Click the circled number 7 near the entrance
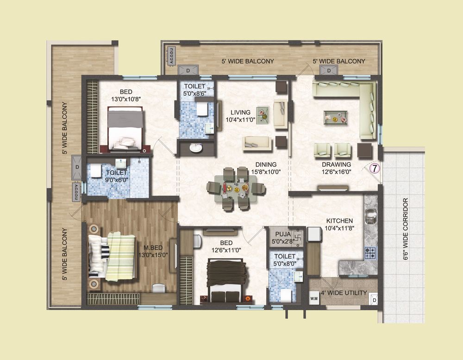click(375, 169)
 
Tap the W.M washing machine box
click(314, 298)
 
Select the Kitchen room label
click(339, 221)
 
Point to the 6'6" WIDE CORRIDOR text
click(406, 229)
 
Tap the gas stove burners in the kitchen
click(370, 253)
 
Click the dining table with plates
click(236, 188)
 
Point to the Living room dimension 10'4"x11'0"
click(240, 120)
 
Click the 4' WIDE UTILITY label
click(344, 293)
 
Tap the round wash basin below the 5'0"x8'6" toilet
click(195, 148)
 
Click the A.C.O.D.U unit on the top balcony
click(171, 56)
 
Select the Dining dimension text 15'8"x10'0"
click(266, 171)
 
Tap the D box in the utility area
click(374, 299)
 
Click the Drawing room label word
click(336, 164)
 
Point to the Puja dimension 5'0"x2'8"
click(282, 241)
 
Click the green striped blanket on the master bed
click(121, 256)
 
